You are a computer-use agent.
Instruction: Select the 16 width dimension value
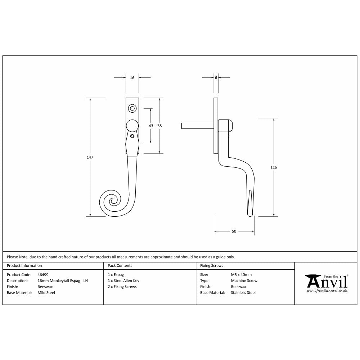coord(132,78)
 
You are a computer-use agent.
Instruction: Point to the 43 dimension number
coord(151,126)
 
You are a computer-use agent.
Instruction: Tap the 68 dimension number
coord(159,126)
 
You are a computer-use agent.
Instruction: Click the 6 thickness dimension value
coord(216,78)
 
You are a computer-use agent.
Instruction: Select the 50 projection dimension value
coord(234,231)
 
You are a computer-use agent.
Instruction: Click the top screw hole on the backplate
coord(132,108)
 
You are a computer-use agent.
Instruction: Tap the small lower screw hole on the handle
coord(132,136)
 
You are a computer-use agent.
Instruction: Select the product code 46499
coord(43,274)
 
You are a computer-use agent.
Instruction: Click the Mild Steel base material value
coord(46,293)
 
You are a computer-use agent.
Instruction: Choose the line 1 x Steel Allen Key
coord(123,280)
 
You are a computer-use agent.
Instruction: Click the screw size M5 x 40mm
coord(241,274)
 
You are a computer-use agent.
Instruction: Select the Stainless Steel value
coord(243,293)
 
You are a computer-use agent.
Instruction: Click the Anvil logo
coord(327,282)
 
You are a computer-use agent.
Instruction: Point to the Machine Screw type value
coord(244,280)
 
